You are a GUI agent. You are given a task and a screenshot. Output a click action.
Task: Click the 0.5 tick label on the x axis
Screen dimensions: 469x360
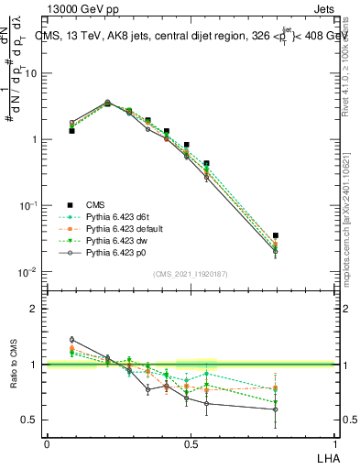191,443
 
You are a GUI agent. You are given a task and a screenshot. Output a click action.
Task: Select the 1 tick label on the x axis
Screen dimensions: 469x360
334,443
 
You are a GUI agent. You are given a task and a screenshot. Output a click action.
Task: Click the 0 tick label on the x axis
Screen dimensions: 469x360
47,443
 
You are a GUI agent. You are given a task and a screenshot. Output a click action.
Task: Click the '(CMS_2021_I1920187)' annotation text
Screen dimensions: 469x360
190,273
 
